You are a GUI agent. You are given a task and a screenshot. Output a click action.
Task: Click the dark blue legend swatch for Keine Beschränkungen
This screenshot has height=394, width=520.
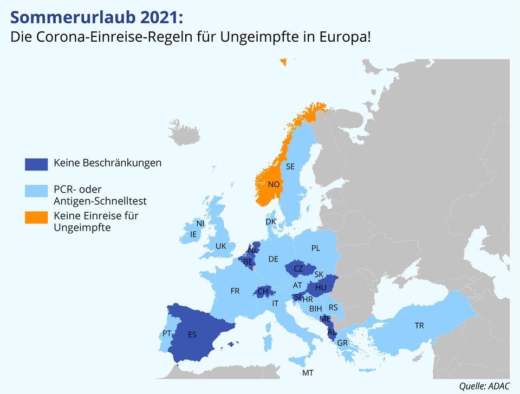(36, 163)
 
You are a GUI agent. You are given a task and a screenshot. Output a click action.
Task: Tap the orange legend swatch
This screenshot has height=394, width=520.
(36, 217)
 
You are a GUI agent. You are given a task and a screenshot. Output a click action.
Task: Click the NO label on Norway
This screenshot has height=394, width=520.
(274, 185)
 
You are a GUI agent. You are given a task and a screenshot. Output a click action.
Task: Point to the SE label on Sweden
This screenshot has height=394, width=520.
(290, 167)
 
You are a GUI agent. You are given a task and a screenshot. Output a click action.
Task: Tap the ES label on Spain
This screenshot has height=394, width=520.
(192, 335)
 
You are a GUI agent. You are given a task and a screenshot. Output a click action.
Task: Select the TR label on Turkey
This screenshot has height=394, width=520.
(419, 326)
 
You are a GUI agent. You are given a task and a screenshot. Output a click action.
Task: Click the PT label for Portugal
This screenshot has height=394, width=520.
(167, 333)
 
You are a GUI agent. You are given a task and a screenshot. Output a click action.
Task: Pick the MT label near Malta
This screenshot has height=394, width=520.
(308, 373)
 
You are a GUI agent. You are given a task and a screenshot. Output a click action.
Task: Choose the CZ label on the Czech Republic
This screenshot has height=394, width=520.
(298, 268)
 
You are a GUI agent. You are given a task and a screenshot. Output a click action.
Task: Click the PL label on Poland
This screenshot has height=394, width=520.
(316, 248)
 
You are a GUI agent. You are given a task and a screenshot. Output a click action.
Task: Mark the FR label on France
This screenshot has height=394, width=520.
(235, 291)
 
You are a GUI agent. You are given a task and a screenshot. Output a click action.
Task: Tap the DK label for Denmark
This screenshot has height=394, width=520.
(271, 222)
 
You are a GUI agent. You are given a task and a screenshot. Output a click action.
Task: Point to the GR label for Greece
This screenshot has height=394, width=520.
(342, 343)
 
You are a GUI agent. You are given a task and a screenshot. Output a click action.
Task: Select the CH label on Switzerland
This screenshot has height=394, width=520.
(263, 292)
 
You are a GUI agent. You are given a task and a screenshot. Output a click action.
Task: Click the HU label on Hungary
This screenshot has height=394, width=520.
(321, 287)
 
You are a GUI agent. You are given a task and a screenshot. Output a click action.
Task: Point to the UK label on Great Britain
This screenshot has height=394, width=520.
(221, 246)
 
